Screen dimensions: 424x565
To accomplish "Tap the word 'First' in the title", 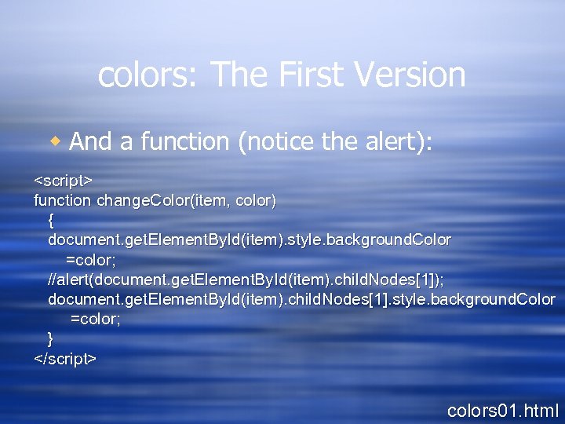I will [x=305, y=75].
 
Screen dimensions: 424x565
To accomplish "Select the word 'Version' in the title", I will [x=410, y=75].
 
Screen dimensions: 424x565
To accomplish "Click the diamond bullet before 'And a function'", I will [x=55, y=141].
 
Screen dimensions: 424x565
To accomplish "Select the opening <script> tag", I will [x=64, y=180].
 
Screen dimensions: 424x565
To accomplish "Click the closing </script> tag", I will [x=65, y=359].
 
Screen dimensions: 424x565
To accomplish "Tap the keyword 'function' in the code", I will [x=63, y=200].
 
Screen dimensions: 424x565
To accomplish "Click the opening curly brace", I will [x=51, y=220].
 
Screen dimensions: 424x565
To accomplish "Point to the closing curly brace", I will [x=51, y=338].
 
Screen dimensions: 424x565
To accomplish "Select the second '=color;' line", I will [x=95, y=319].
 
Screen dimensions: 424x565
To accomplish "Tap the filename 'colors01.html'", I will [x=502, y=409].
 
